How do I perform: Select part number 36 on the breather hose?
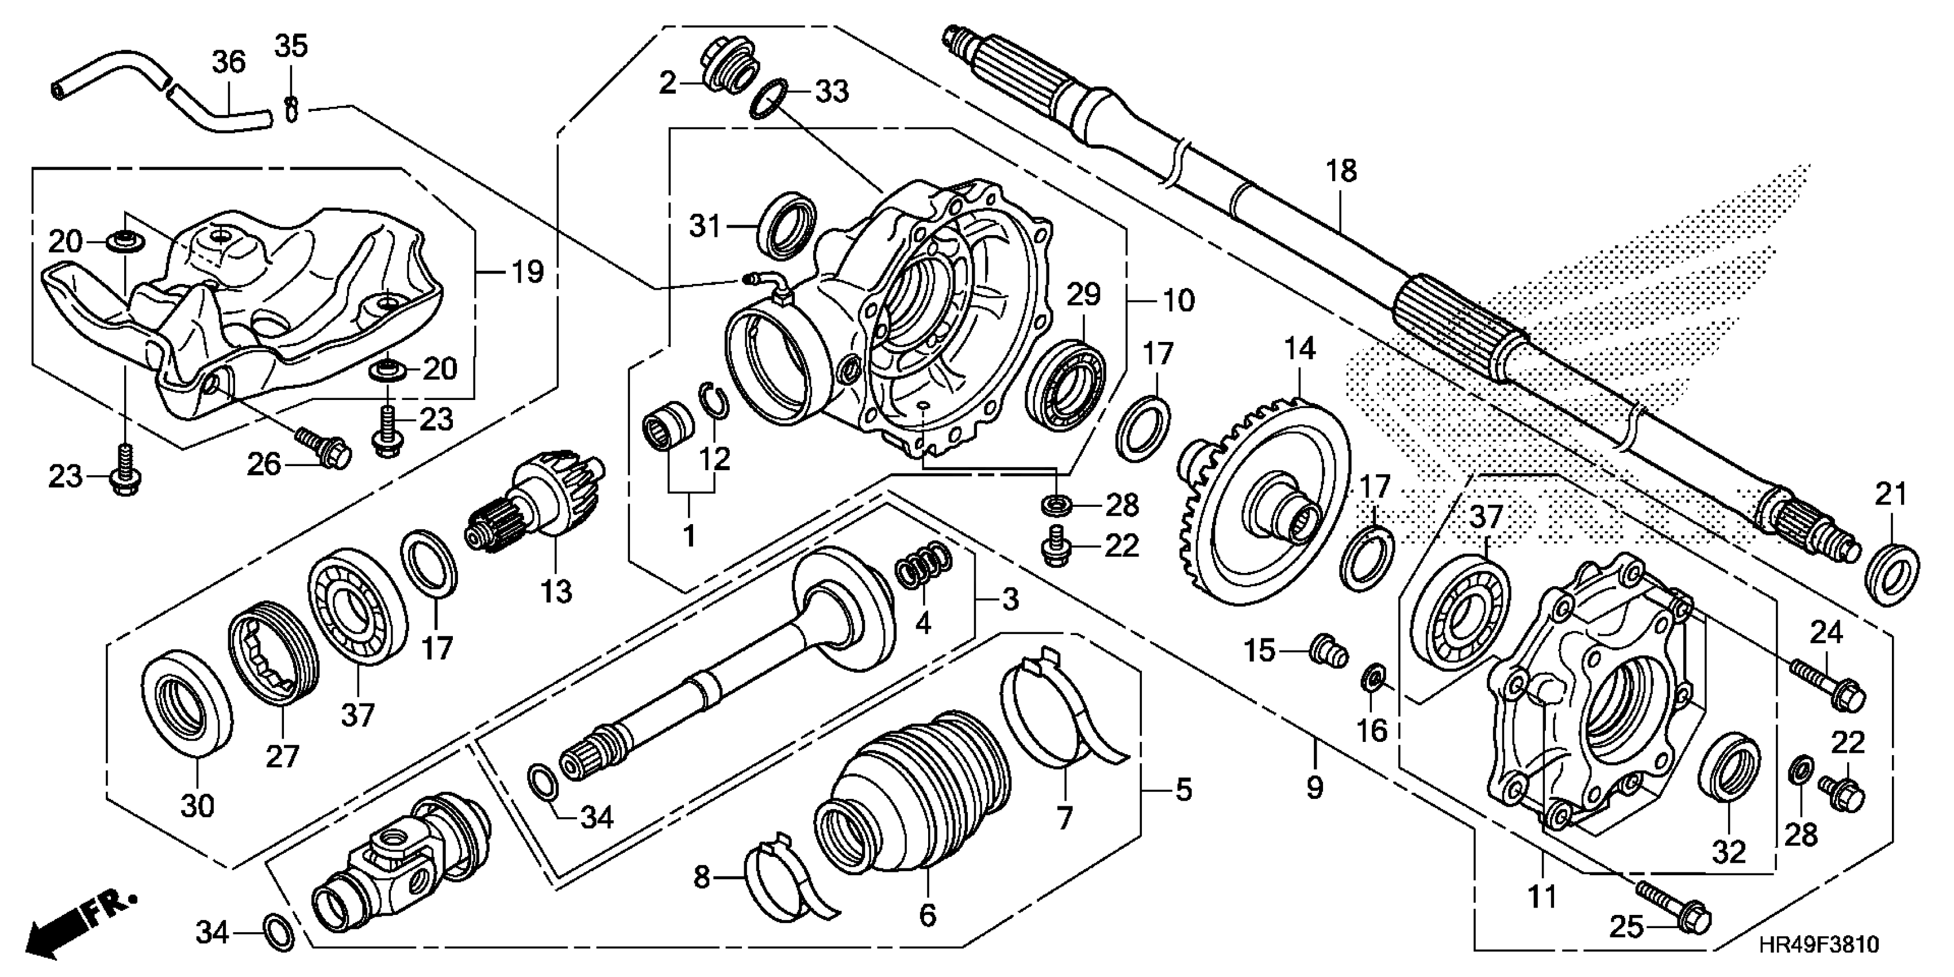pos(228,61)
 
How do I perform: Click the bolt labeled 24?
pos(1824,683)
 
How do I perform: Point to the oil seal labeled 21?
pos(1893,574)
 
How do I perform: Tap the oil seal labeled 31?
pos(787,225)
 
